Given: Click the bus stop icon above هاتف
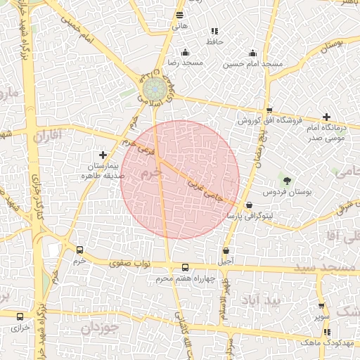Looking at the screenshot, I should pyautogui.click(x=180, y=15).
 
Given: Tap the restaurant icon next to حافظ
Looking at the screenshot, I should pyautogui.click(x=214, y=31).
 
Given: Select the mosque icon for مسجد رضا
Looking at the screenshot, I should pyautogui.click(x=185, y=52).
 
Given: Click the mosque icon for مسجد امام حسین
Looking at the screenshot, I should pyautogui.click(x=252, y=53).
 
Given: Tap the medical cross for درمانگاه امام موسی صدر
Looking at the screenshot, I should pyautogui.click(x=326, y=117).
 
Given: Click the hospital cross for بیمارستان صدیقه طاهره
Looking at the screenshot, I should pyautogui.click(x=103, y=154).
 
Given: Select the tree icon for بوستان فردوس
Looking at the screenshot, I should pyautogui.click(x=285, y=181).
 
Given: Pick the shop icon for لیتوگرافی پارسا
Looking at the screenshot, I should pyautogui.click(x=249, y=205).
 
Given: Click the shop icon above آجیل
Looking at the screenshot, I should pyautogui.click(x=226, y=250).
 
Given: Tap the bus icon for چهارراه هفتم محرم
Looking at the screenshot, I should pyautogui.click(x=185, y=267).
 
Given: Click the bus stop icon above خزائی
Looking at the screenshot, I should pyautogui.click(x=19, y=317).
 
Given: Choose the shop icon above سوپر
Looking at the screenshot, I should pyautogui.click(x=321, y=306).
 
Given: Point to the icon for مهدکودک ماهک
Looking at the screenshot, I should pyautogui.click(x=326, y=331).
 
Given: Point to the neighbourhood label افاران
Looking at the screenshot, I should pyautogui.click(x=47, y=134).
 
